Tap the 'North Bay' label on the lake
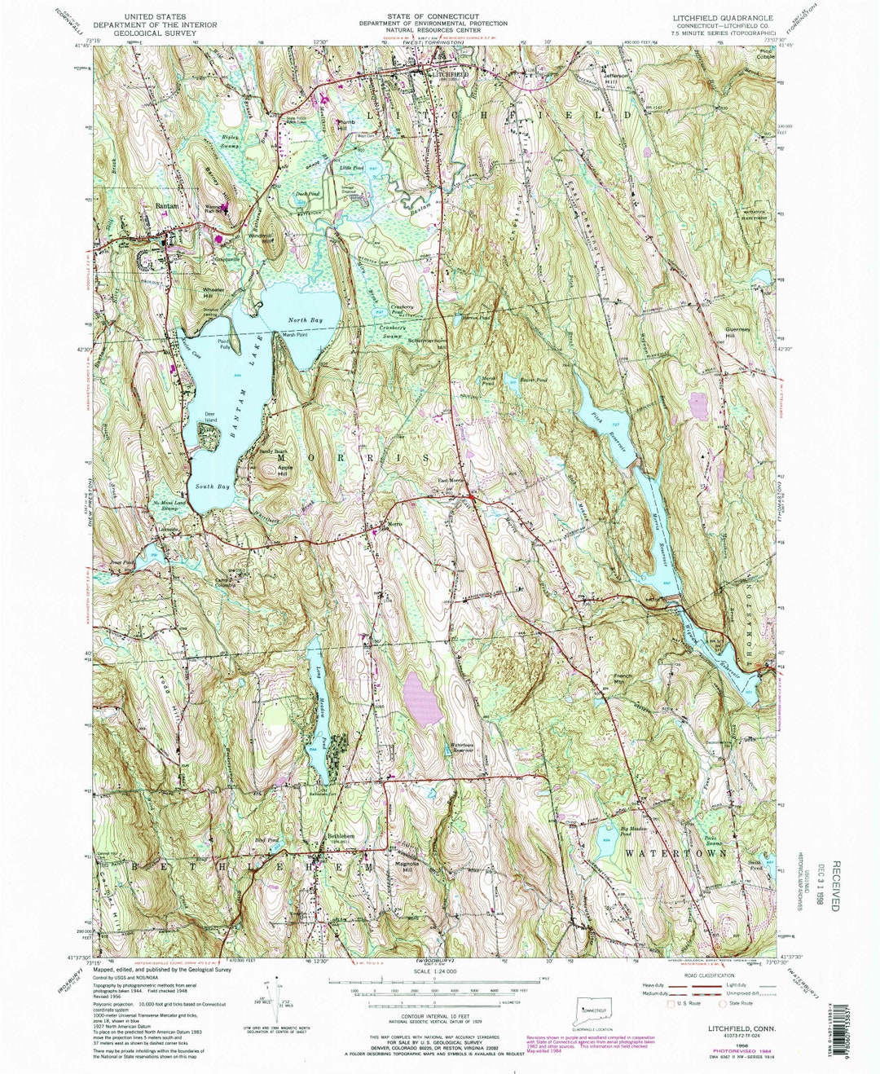pos(306,320)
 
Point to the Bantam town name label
pos(166,207)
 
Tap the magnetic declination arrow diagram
pos(271,998)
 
